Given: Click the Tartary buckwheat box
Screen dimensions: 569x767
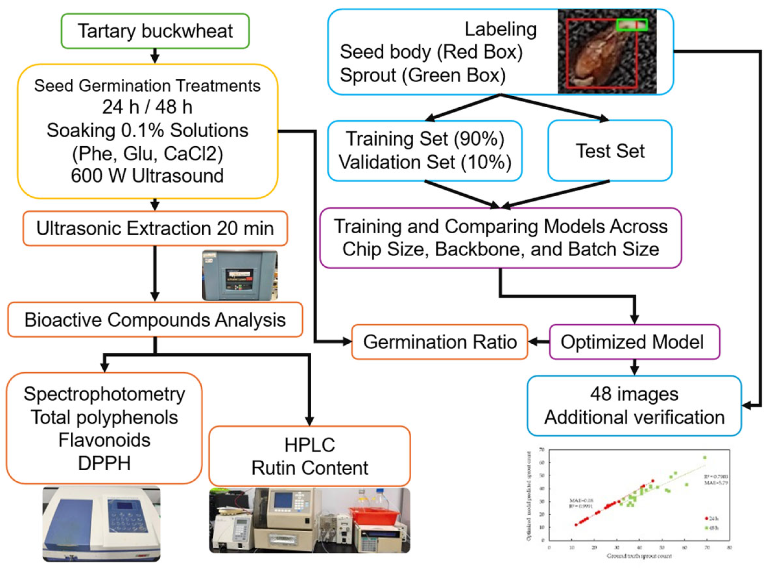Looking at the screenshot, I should pos(155,31).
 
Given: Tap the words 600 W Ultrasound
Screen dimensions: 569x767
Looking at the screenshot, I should pos(147,176).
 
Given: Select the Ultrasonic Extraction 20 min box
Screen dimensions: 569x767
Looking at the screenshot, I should pos(155,228).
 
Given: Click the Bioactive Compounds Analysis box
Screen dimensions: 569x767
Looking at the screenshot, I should pos(155,320).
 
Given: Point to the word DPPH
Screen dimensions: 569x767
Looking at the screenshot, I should pos(104,463).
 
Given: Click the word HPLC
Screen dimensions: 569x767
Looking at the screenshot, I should pos(309,445).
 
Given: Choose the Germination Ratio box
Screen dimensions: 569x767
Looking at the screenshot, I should pos(440,342).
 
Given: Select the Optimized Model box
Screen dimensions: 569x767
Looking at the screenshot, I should pos(634,342).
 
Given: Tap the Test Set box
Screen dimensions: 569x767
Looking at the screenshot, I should pos(609,151).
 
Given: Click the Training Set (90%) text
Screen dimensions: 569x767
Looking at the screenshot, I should pos(425,139).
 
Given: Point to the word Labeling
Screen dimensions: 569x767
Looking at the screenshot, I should pos(501,29).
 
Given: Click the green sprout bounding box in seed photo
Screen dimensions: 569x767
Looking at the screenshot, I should pos(632,25).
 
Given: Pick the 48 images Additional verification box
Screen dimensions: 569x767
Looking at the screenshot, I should pos(634,405).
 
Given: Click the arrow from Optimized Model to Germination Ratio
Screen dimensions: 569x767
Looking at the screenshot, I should pos(539,342).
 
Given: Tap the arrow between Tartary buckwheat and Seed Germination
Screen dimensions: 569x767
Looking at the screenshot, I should pos(155,55).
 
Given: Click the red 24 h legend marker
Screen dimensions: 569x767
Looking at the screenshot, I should pos(706,518).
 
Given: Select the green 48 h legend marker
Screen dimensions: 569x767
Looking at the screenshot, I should pos(706,528).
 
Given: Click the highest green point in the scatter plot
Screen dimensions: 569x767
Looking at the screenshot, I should pos(705,458).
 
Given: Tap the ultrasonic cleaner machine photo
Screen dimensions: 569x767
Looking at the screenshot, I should pos(240,275).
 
